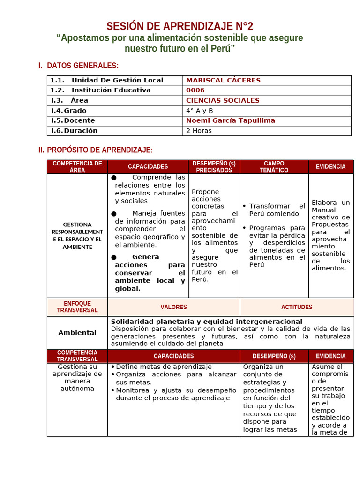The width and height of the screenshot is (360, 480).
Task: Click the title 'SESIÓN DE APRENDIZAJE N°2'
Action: point(180,26)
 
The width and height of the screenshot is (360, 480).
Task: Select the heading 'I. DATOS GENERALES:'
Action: point(78,66)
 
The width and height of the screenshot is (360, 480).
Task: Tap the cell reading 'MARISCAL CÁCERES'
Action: point(223,80)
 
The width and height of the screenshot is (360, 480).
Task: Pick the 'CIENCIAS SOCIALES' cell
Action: point(223,100)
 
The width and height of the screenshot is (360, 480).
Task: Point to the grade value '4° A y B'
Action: point(199,111)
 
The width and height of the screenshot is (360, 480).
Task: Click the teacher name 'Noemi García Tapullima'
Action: point(231,120)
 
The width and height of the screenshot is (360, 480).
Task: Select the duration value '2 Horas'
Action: point(199,131)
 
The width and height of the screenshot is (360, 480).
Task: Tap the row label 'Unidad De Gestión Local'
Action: point(117,80)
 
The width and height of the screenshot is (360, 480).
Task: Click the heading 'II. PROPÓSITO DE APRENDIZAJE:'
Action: point(96,150)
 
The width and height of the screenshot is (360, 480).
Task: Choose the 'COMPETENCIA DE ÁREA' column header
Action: point(77,166)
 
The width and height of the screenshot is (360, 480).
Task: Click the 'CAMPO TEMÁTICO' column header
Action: point(274,166)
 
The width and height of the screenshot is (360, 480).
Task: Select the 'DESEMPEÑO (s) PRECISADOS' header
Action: point(214,166)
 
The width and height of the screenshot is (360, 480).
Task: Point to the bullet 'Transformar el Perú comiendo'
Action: point(277,210)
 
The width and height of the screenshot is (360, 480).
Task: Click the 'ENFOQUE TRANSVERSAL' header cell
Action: point(77,307)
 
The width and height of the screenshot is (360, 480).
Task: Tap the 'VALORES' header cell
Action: point(173,307)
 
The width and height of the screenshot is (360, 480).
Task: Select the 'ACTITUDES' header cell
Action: point(297,307)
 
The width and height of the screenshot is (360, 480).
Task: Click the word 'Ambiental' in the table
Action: point(77,333)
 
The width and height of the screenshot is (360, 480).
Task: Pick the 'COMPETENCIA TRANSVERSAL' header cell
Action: point(77,356)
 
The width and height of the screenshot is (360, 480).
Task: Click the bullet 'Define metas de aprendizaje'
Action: point(164,367)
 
